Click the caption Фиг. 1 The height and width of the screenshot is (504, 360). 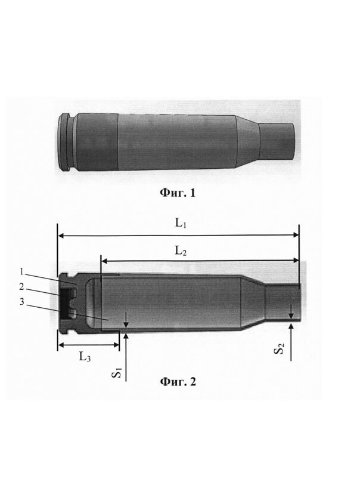coord(177,193)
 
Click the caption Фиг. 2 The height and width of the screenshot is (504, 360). coord(178,382)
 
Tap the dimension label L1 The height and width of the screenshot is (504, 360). coord(181,223)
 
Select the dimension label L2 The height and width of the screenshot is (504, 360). coord(181,251)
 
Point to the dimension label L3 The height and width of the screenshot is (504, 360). coord(85,357)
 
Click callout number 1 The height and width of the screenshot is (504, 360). coord(22,272)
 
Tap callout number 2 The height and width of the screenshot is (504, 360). coord(21,286)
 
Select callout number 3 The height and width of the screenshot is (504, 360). coord(21,302)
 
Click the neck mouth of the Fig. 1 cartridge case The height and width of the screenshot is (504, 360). coord(293,141)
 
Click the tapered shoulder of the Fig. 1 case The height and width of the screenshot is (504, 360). coord(247,141)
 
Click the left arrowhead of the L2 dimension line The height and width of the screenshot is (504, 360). coord(105,261)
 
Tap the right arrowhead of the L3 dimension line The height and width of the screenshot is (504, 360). coord(116,345)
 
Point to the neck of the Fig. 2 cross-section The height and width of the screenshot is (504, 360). coord(283,303)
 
